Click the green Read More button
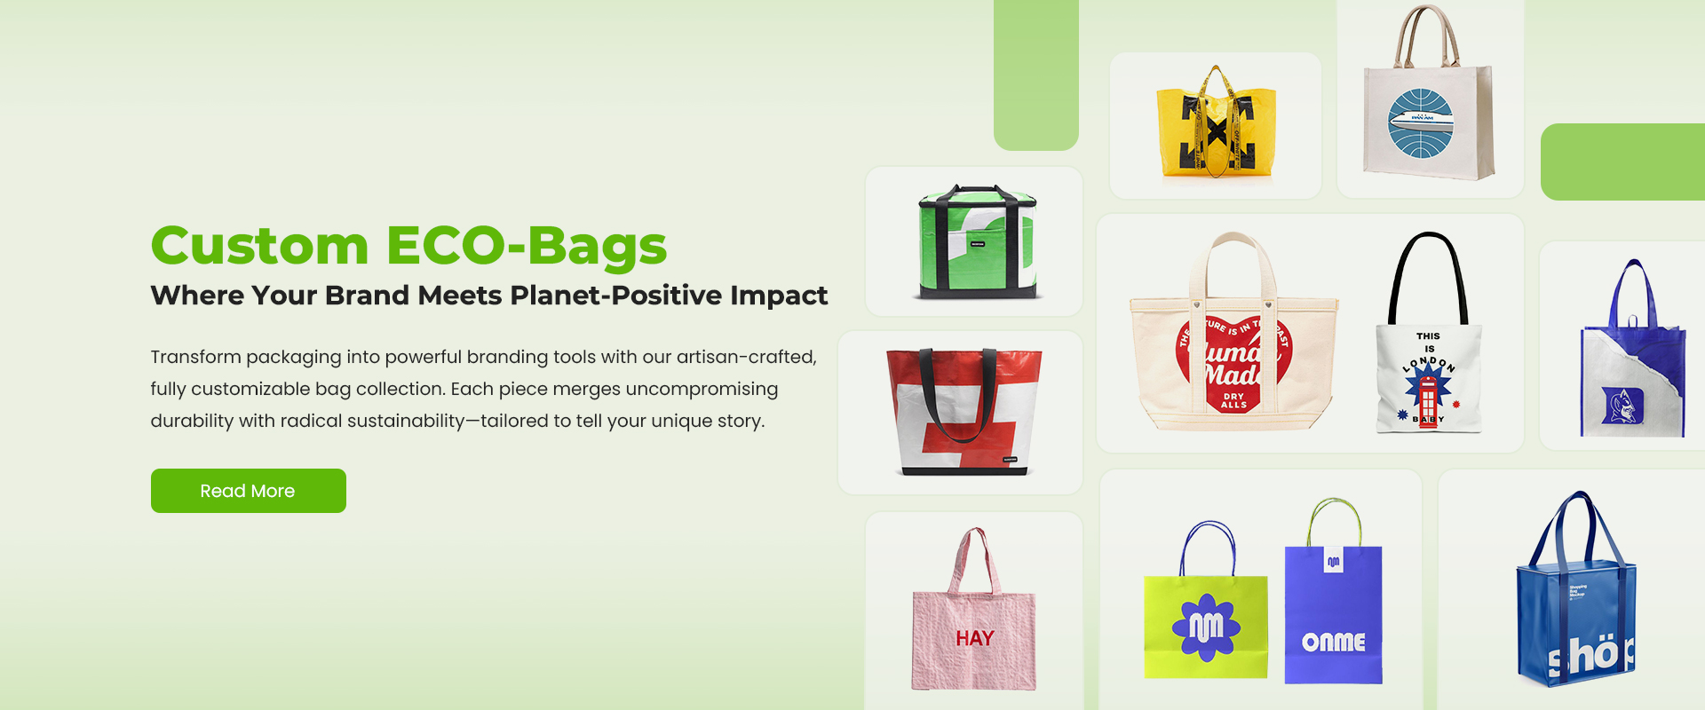pos(248,491)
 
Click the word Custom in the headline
pos(259,246)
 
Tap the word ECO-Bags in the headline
pos(526,246)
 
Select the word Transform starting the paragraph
pos(195,357)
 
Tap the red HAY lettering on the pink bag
pos(974,638)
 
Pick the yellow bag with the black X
pos(1216,129)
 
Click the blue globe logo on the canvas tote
pos(1421,122)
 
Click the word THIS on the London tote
pos(1428,336)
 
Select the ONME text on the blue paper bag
pos(1333,642)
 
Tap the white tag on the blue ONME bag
pos(1333,561)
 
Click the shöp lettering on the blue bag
pos(1591,655)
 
